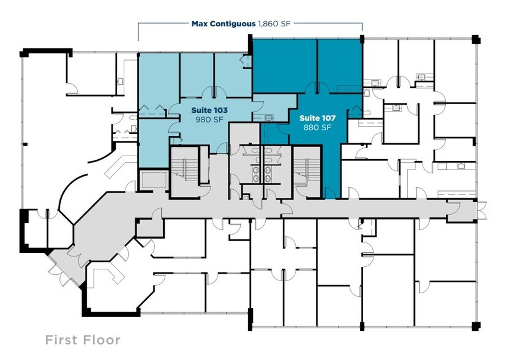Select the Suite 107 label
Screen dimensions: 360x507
pyautogui.click(x=315, y=117)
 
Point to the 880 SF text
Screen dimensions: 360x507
pyautogui.click(x=315, y=127)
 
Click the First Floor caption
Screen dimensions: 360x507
pyautogui.click(x=83, y=340)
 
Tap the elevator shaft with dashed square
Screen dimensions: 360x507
pyautogui.click(x=153, y=180)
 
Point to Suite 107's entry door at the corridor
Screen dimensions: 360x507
pyautogui.click(x=330, y=195)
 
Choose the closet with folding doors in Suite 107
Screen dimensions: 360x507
pyautogui.click(x=355, y=110)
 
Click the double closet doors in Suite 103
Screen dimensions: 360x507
pyautogui.click(x=151, y=110)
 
